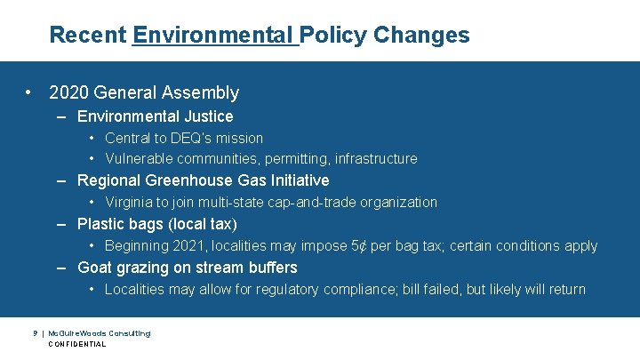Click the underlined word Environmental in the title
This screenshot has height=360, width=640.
click(213, 36)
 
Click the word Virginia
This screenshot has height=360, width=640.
click(130, 202)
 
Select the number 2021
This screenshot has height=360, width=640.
click(188, 245)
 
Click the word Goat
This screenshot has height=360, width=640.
click(95, 268)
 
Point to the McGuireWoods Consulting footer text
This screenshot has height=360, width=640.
click(100, 332)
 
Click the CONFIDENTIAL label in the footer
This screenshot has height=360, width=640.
click(77, 344)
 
